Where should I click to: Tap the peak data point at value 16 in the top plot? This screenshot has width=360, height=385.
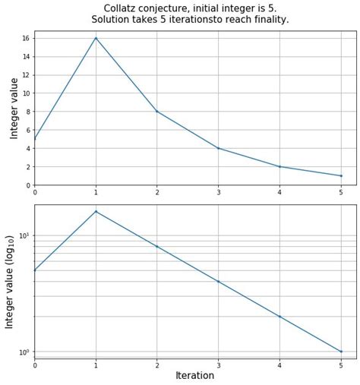pos(96,38)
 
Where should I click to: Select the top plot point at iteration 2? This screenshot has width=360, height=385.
pos(157,112)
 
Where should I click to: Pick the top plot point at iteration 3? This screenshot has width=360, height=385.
pos(218,148)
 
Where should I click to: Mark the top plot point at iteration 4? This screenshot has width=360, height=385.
pos(279,166)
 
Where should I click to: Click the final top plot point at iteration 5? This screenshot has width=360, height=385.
pos(341,175)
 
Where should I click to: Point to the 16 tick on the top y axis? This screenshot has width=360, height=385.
pos(25,38)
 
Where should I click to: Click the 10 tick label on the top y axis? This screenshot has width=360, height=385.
pos(25,93)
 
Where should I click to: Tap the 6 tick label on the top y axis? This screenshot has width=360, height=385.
pos(27,130)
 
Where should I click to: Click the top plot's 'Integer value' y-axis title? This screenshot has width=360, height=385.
pos(14,108)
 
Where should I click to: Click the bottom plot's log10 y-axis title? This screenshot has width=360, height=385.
pos(11,281)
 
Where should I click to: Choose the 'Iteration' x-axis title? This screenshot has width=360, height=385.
pos(195,375)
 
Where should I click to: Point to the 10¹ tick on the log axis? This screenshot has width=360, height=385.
pos(23,235)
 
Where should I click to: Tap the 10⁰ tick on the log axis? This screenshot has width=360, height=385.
pos(23,352)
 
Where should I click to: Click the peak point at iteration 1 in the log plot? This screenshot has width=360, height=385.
pos(96,211)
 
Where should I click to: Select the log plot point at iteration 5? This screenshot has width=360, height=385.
pos(341,352)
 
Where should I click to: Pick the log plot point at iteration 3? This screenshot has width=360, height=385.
pos(218,282)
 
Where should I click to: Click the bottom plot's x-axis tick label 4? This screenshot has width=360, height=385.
pos(279,365)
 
